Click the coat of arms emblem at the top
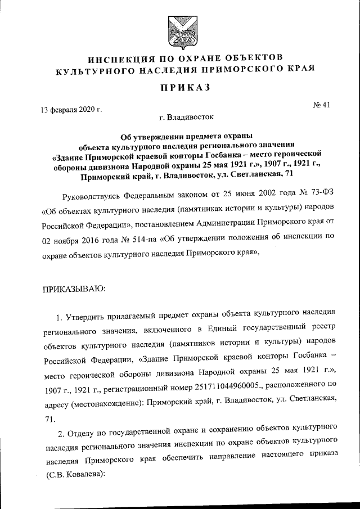[179, 33]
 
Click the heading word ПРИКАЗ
[180, 88]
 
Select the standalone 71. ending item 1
[48, 419]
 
